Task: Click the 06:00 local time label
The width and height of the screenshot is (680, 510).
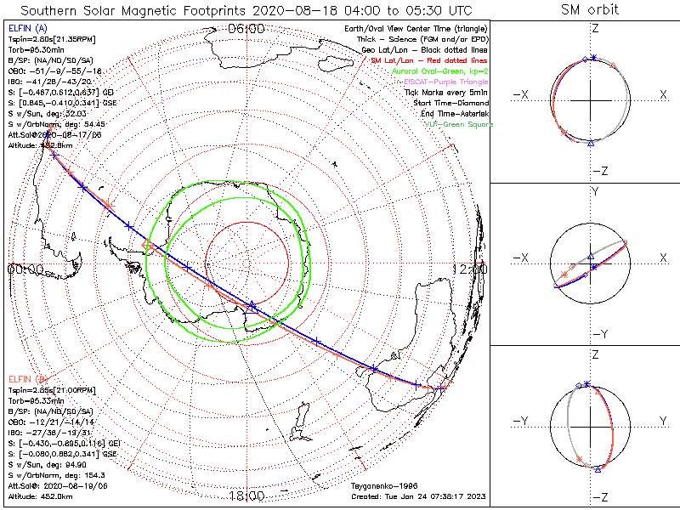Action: pos(246,28)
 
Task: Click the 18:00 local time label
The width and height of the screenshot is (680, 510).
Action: pos(246,496)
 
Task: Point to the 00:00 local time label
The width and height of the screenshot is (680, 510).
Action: pos(24,269)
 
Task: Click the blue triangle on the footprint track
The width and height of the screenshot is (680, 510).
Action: pos(252,308)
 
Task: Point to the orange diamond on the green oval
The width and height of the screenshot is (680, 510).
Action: pos(148,246)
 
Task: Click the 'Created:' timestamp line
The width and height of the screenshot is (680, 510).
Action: pos(420,496)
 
